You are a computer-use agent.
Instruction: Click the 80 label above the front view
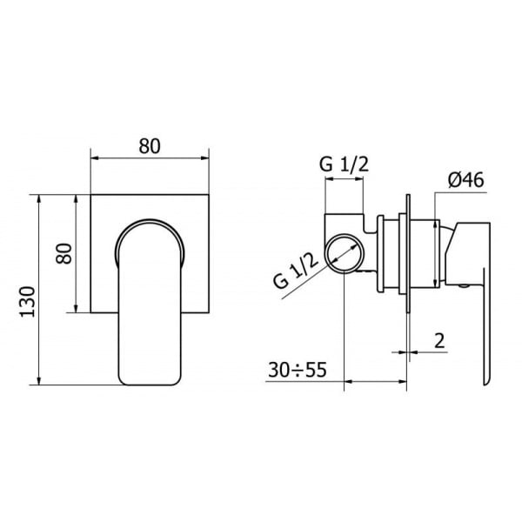click(x=150, y=145)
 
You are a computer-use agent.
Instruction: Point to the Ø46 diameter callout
click(x=465, y=180)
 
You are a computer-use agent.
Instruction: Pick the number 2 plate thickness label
click(x=438, y=340)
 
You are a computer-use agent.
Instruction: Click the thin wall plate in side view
click(x=405, y=252)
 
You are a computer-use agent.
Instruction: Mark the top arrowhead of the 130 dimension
click(x=41, y=197)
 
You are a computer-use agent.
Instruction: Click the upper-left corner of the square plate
click(x=91, y=193)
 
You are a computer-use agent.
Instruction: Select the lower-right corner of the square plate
click(x=211, y=312)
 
